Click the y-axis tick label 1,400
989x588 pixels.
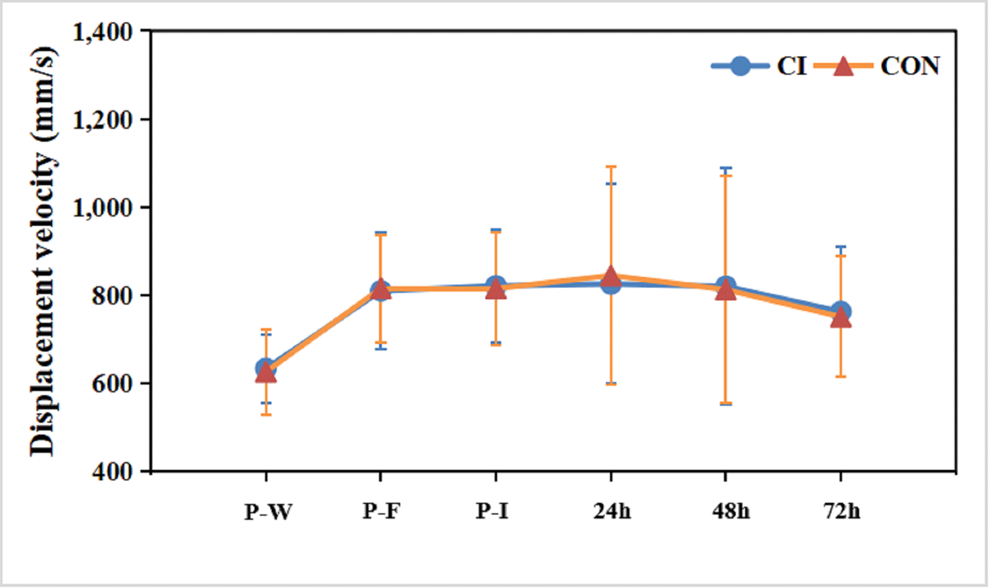[x=105, y=32]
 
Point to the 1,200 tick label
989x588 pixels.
[x=105, y=120]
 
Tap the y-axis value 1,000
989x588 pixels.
[x=105, y=208]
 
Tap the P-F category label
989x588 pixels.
[x=380, y=511]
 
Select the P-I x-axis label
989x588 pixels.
[x=494, y=511]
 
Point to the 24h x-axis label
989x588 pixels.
[x=610, y=511]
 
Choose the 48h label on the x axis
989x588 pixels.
[x=725, y=511]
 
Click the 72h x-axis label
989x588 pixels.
[x=840, y=511]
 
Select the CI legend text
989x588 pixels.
[x=790, y=67]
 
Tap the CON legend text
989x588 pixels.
[x=910, y=67]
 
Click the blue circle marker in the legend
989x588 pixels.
[x=741, y=67]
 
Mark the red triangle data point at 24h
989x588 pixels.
[x=611, y=276]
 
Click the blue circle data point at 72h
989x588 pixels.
[x=841, y=312]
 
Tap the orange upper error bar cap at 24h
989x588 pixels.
[x=611, y=167]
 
